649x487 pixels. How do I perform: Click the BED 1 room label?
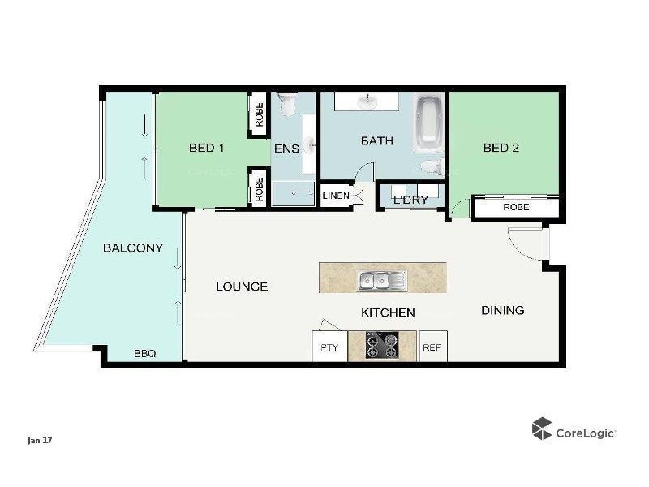point(206,148)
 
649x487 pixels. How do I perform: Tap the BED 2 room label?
point(501,148)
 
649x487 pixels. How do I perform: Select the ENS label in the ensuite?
point(286,149)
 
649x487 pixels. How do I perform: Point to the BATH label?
point(376,140)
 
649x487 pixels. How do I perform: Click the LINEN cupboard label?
point(336,196)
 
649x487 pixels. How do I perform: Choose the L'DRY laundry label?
point(410,200)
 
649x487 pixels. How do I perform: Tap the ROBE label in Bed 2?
point(516,208)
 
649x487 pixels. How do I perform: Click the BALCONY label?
point(133,248)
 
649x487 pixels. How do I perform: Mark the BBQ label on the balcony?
point(144,354)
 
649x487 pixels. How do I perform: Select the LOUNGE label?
point(242,287)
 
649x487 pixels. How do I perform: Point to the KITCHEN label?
point(388,312)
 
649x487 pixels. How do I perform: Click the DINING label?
point(502,310)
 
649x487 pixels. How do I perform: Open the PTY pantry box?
point(329,347)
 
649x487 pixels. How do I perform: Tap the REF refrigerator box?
point(432,347)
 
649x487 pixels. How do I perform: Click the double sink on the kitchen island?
point(383,281)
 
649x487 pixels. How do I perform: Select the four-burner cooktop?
point(381,347)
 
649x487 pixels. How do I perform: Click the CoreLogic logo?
point(574,430)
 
